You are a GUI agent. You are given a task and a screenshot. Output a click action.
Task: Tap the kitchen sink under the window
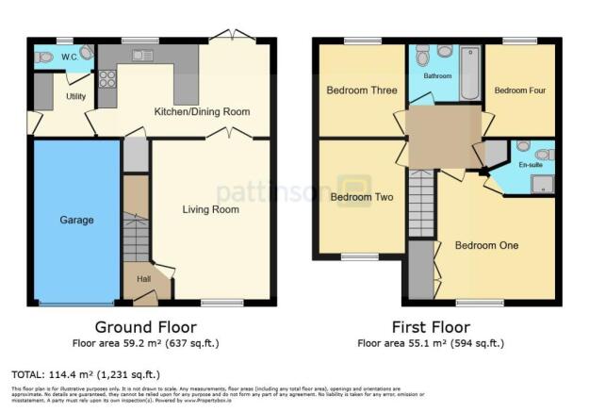tap(142, 56)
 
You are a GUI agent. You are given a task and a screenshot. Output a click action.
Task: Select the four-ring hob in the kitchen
tap(106, 78)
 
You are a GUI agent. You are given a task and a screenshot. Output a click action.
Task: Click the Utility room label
tap(76, 96)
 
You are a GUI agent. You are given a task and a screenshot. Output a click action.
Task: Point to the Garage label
tap(77, 220)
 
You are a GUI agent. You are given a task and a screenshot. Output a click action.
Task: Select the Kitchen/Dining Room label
tap(203, 111)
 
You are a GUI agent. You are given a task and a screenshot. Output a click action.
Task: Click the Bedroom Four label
tap(520, 91)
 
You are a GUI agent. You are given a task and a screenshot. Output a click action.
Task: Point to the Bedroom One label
tap(486, 246)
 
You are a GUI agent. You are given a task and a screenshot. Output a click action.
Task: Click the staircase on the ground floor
tap(137, 236)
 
